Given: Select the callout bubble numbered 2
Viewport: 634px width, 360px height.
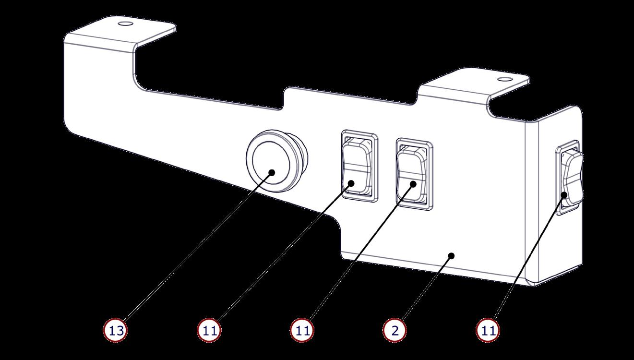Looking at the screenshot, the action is coord(395,330).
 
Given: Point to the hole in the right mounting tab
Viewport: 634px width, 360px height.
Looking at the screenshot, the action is coord(503,79).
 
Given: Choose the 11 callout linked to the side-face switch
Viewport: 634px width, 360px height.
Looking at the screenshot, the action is coord(488,330).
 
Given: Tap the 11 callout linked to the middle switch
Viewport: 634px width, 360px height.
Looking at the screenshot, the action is coord(302,330).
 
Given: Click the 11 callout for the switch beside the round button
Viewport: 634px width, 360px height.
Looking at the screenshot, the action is coord(209,330).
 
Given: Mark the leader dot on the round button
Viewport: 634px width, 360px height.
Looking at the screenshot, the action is coord(272,172).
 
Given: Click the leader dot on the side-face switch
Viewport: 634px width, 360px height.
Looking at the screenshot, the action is coord(564,195).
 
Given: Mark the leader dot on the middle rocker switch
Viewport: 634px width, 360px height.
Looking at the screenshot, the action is coord(412,183).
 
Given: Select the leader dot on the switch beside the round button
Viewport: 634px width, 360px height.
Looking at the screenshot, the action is coord(352,183).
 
